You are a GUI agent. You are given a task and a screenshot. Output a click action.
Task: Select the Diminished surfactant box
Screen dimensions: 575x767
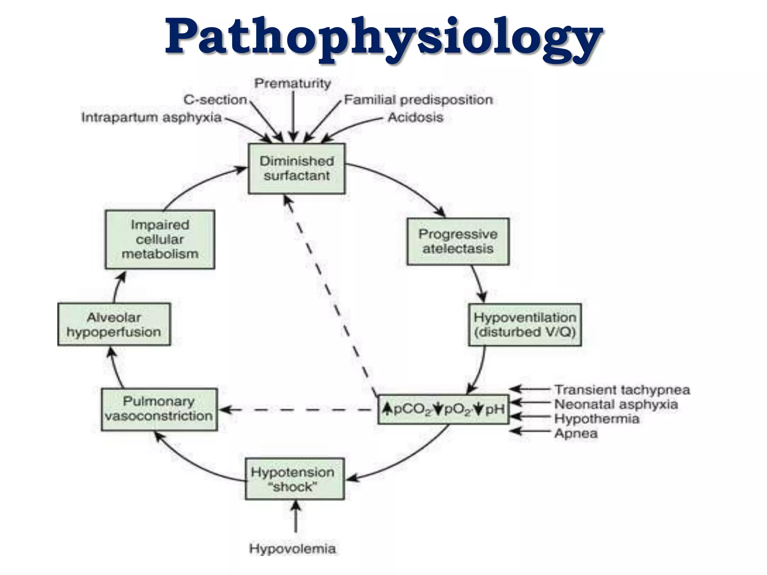click(x=297, y=168)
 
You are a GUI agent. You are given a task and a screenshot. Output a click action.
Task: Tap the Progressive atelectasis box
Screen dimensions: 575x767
click(x=458, y=241)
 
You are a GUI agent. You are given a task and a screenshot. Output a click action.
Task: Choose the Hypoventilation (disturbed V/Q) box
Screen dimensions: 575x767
click(x=525, y=325)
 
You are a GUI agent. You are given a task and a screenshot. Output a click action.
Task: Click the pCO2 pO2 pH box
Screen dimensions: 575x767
click(x=443, y=409)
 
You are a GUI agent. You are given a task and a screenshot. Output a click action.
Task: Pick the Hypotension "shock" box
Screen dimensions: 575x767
click(x=294, y=479)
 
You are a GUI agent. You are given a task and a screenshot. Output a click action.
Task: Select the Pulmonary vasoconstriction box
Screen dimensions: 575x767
click(x=159, y=409)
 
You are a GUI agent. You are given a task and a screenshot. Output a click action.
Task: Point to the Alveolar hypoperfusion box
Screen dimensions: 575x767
click(x=114, y=325)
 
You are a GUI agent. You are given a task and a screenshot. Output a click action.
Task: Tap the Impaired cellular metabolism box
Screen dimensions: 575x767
click(x=160, y=240)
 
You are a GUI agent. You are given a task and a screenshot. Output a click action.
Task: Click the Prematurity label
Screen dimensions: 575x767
click(x=293, y=83)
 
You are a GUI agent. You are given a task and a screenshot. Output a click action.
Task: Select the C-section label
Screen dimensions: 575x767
click(x=215, y=100)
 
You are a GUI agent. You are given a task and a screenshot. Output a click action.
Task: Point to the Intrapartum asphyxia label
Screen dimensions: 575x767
click(x=151, y=118)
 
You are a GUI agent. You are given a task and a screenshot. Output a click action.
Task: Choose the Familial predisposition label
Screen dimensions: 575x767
click(x=418, y=100)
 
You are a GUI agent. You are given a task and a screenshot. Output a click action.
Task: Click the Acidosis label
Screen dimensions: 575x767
click(x=415, y=118)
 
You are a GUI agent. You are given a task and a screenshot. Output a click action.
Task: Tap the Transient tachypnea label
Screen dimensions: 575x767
click(x=622, y=390)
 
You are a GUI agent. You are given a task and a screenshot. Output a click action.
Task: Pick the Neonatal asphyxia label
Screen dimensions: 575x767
click(x=616, y=404)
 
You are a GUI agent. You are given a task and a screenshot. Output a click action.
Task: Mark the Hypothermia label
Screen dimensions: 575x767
click(x=597, y=419)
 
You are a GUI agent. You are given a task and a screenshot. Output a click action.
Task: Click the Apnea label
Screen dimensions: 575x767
click(x=576, y=433)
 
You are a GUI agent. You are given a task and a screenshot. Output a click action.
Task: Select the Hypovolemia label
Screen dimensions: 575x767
click(x=292, y=549)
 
